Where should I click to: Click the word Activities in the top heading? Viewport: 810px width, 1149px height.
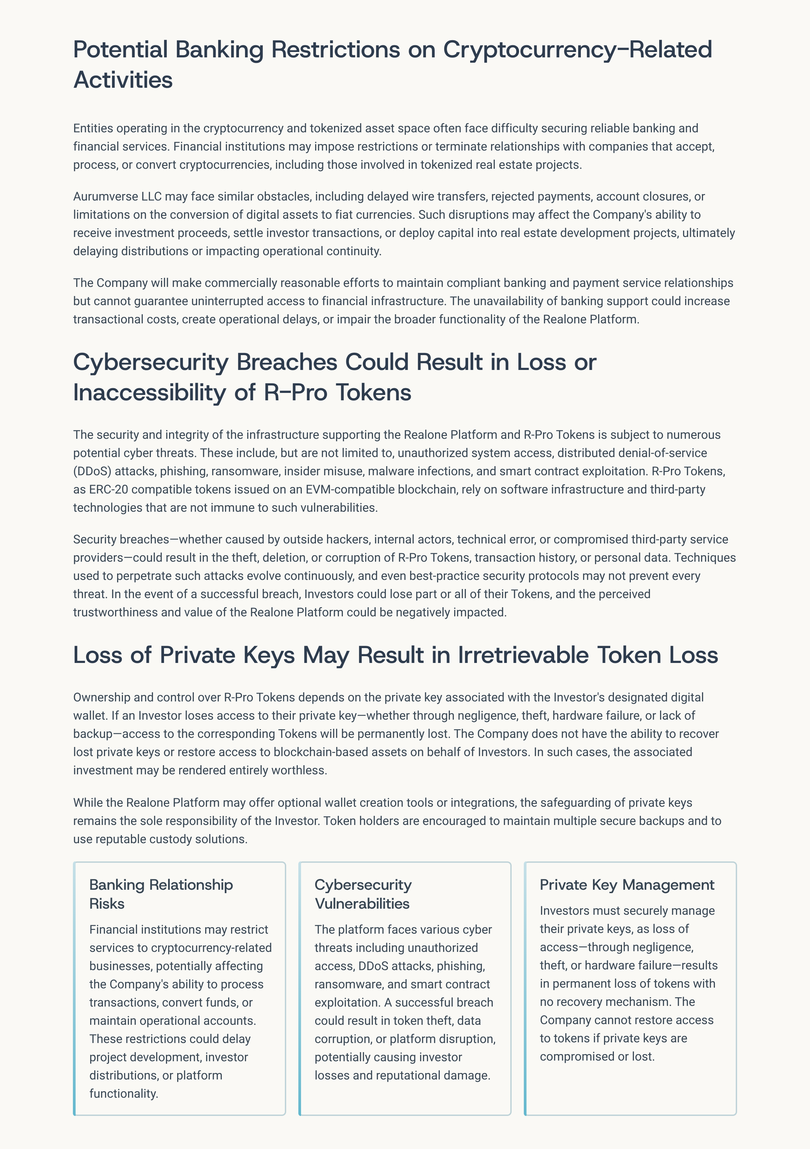pos(123,80)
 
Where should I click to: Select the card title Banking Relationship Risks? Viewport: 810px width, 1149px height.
pos(161,894)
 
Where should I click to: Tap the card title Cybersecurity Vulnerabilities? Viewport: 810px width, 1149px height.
pos(363,894)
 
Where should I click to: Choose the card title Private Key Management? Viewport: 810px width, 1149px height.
pos(627,885)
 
